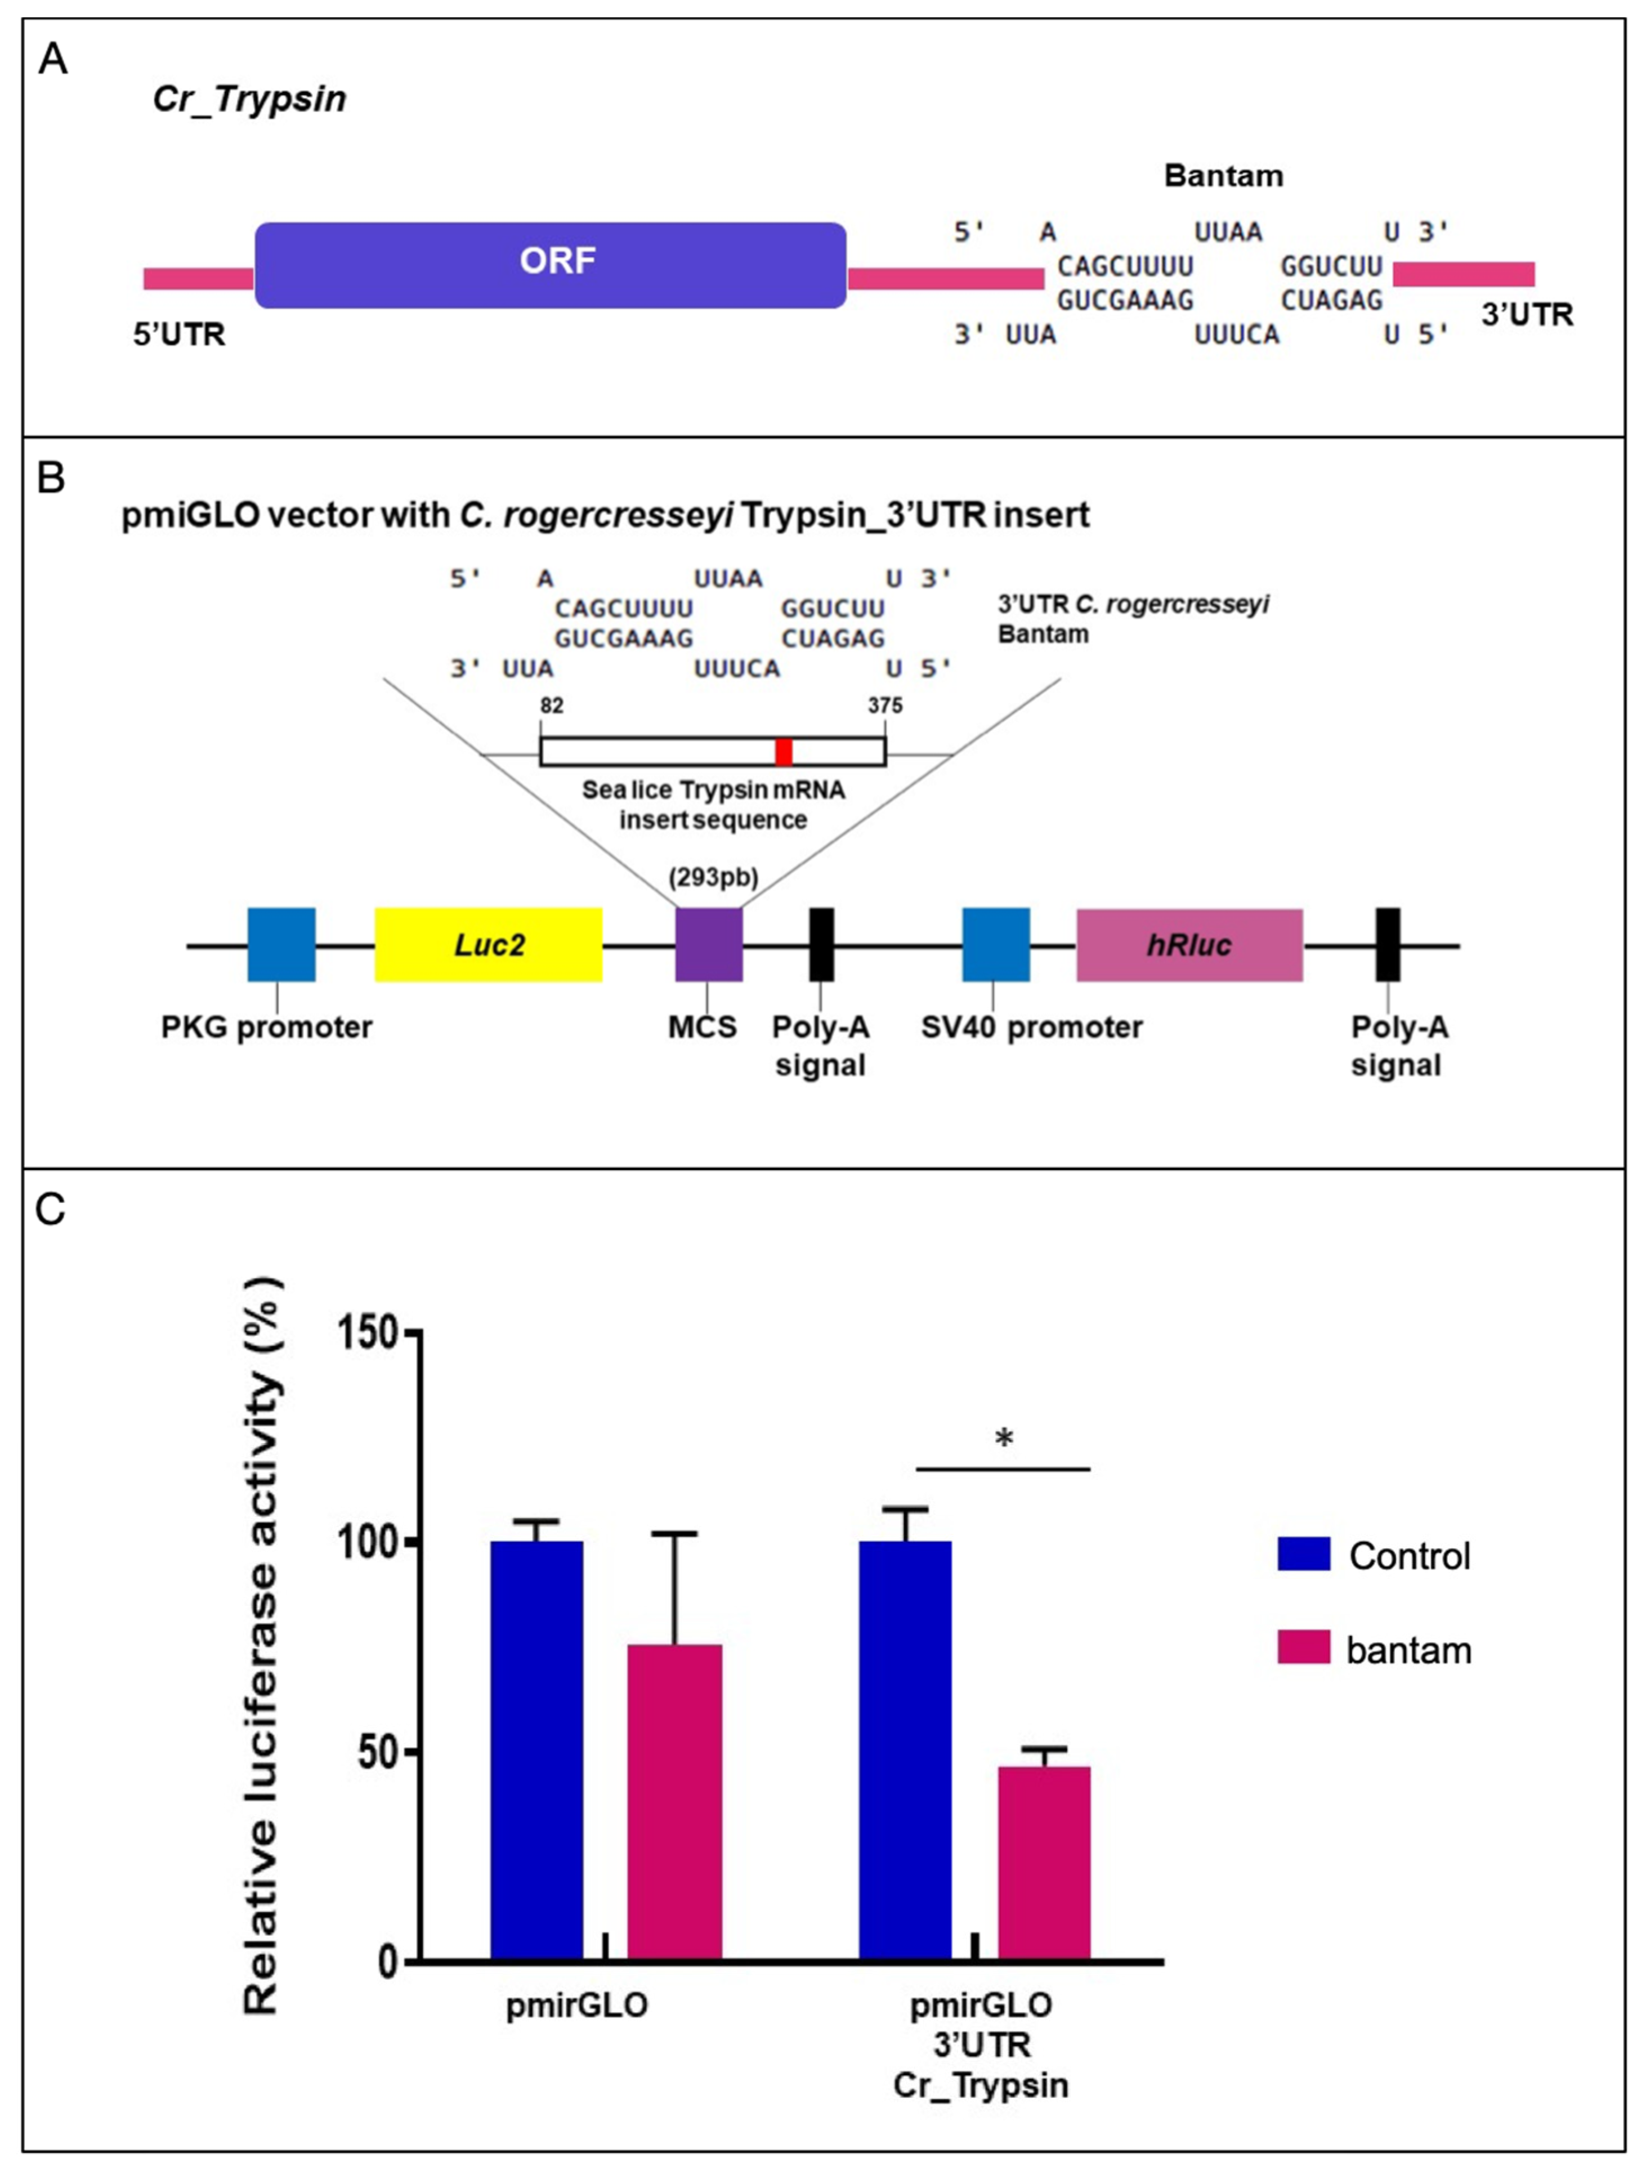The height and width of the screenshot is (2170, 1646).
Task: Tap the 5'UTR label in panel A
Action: tap(180, 334)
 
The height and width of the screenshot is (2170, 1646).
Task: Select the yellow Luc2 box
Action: tap(489, 945)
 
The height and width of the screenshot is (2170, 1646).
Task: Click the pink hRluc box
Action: tap(1189, 945)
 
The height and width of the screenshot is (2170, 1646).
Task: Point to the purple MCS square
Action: tap(708, 945)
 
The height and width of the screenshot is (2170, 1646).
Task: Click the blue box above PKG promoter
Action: tap(281, 945)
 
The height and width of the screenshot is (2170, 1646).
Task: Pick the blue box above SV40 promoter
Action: tap(996, 945)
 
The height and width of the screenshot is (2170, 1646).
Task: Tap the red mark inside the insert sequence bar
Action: tap(783, 752)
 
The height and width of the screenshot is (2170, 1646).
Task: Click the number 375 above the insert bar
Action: tap(885, 706)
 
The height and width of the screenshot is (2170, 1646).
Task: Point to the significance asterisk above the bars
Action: tap(1004, 1439)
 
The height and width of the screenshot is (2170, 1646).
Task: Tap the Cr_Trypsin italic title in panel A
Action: tap(249, 99)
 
